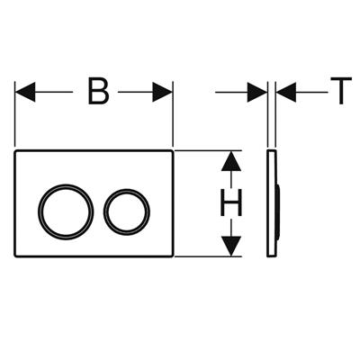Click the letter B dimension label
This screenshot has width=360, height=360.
[98, 91]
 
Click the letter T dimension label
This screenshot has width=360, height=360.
[341, 91]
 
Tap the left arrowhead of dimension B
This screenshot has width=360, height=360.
[25, 92]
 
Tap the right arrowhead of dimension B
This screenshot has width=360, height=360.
[162, 92]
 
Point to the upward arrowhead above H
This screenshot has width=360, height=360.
[231, 161]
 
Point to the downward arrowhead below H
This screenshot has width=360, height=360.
[231, 247]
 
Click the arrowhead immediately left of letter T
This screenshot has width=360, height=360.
[286, 92]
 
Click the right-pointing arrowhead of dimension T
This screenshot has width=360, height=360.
[257, 92]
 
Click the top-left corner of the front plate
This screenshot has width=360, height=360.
[15, 149]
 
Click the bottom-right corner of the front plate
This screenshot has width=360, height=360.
[173, 256]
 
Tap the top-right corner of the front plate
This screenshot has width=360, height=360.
[173, 149]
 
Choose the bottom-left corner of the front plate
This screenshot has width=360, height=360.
[15, 256]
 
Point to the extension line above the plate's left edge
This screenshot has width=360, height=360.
[15, 114]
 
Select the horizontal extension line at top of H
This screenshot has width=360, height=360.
[208, 150]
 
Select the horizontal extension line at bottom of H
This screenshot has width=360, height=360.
[208, 256]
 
